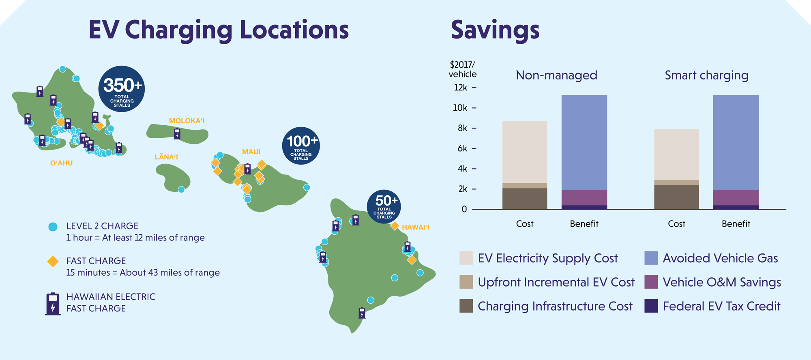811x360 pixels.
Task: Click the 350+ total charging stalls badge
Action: click(x=122, y=89)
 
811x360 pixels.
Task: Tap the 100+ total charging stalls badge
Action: click(x=301, y=146)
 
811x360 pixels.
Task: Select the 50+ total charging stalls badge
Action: click(x=384, y=206)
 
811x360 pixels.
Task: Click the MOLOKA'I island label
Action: click(x=187, y=121)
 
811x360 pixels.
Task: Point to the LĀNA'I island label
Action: click(x=166, y=157)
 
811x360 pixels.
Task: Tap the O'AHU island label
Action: click(x=62, y=163)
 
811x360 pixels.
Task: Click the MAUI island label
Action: click(x=251, y=152)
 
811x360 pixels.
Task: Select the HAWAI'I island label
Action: click(x=415, y=227)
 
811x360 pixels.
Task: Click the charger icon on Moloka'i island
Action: click(x=177, y=134)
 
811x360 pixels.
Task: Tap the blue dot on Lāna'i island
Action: click(x=181, y=189)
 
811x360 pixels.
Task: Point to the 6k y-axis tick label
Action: click(x=462, y=148)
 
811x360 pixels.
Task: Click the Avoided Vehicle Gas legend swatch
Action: click(x=651, y=258)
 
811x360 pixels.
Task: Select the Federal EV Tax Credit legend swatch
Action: click(x=651, y=306)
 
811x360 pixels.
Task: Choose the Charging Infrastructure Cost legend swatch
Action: click(x=466, y=306)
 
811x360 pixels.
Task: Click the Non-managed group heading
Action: click(x=556, y=75)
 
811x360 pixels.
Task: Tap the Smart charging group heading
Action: click(x=706, y=75)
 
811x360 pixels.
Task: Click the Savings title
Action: click(x=495, y=30)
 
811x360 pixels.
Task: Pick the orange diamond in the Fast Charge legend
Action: click(x=53, y=261)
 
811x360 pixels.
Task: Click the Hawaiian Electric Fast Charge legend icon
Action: click(x=53, y=304)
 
